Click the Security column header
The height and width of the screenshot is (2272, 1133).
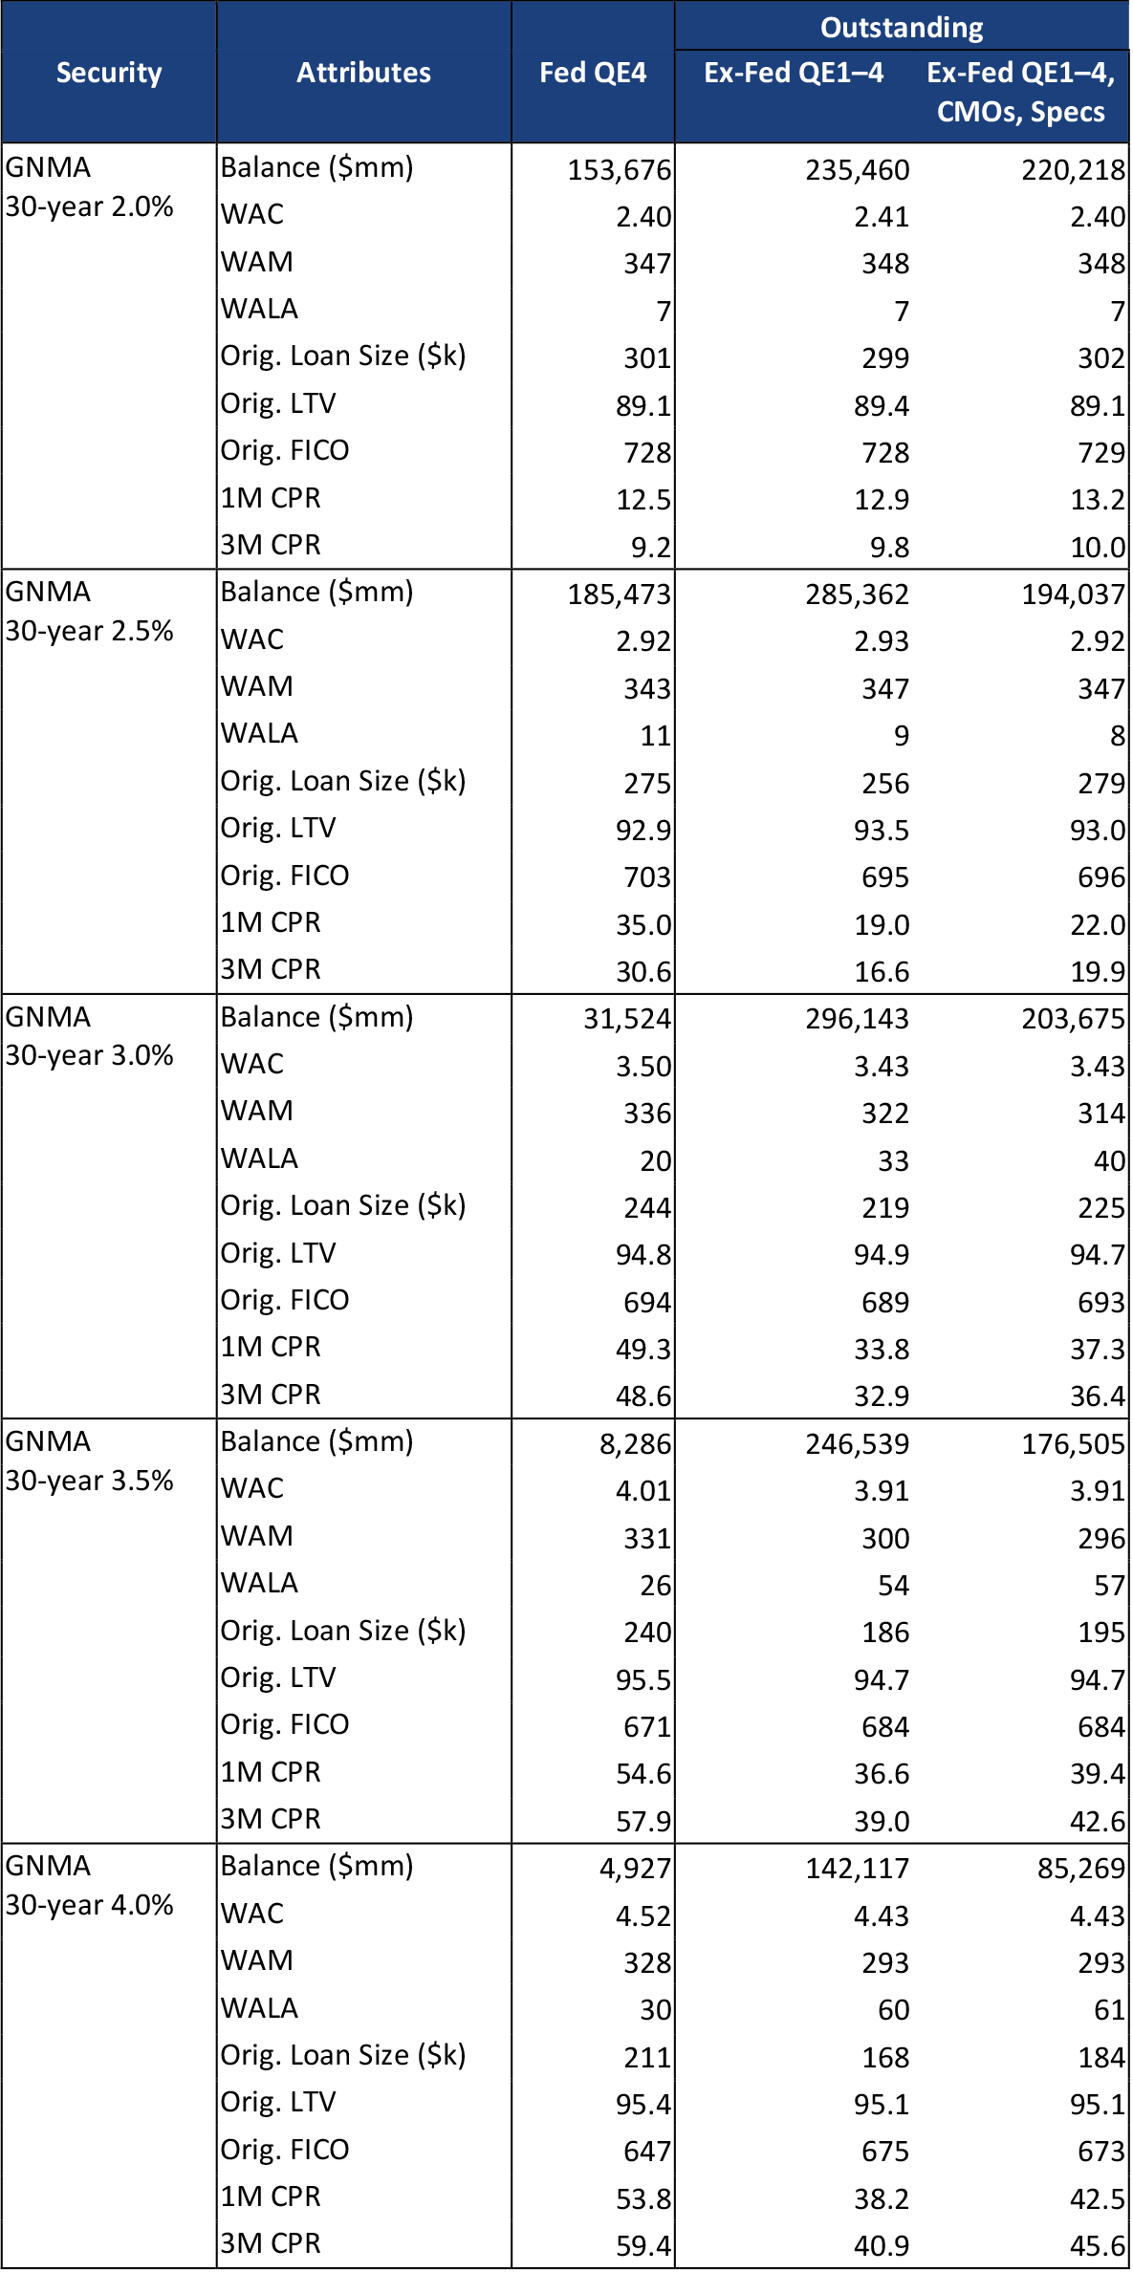pyautogui.click(x=109, y=73)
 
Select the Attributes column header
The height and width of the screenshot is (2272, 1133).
pyautogui.click(x=363, y=73)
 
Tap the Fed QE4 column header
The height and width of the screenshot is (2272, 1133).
pyautogui.click(x=593, y=73)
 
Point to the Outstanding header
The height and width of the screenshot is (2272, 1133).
pyautogui.click(x=902, y=27)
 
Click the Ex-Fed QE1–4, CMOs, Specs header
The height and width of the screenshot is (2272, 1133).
pyautogui.click(x=1020, y=92)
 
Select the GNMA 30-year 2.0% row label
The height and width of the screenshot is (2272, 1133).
pyautogui.click(x=89, y=187)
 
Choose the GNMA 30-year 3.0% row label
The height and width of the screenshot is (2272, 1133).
pyautogui.click(x=89, y=1036)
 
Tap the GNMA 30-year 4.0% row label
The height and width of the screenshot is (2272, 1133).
pyautogui.click(x=89, y=1885)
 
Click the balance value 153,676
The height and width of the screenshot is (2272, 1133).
pyautogui.click(x=620, y=170)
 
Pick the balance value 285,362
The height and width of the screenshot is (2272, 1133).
pyautogui.click(x=857, y=595)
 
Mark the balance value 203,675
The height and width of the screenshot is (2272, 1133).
pyautogui.click(x=1073, y=1019)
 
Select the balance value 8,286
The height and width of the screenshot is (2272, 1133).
pyautogui.click(x=635, y=1443)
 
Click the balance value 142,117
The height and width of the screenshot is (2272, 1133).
pyautogui.click(x=857, y=1868)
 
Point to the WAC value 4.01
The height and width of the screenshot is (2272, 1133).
pyautogui.click(x=643, y=1490)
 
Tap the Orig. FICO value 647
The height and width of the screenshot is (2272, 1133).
pyautogui.click(x=647, y=2151)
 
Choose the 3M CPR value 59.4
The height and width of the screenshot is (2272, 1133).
pyautogui.click(x=643, y=2245)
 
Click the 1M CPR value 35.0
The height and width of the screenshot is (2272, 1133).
pyautogui.click(x=643, y=925)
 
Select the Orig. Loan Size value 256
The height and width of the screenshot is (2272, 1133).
pyautogui.click(x=885, y=784)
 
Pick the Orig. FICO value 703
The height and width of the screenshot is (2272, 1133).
pyautogui.click(x=647, y=877)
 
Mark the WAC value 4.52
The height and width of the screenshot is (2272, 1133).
pyautogui.click(x=643, y=1915)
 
